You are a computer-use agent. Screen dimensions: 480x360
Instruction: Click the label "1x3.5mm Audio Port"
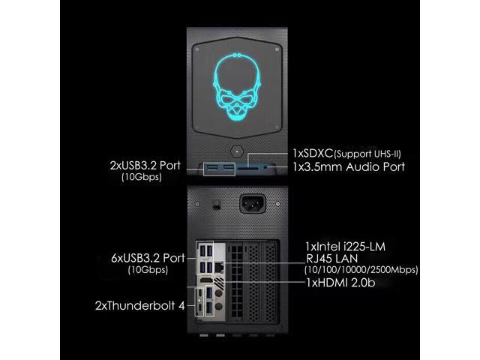pyautogui.click(x=349, y=166)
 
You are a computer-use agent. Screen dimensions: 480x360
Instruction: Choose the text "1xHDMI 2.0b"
pyautogui.click(x=342, y=283)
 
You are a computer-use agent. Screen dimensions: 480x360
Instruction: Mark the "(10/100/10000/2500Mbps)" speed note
pyautogui.click(x=361, y=269)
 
